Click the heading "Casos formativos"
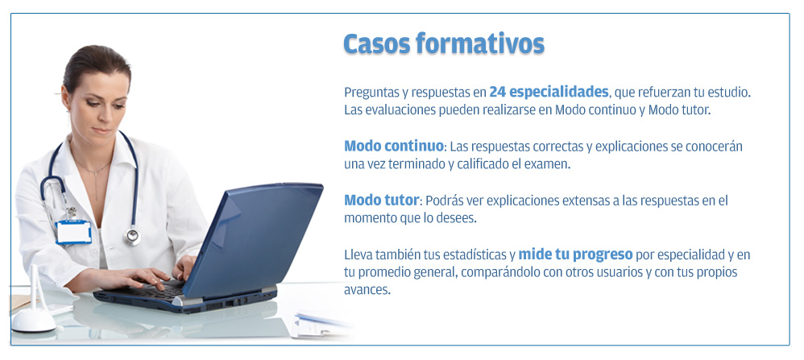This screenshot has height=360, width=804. pyautogui.click(x=444, y=43)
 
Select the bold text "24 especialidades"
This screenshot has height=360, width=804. pyautogui.click(x=549, y=93)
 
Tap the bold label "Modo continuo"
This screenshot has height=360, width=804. pyautogui.click(x=393, y=146)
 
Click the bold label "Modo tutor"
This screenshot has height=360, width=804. pyautogui.click(x=382, y=200)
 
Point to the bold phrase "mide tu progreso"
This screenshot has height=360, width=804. pyautogui.click(x=576, y=254)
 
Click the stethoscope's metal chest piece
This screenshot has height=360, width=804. pyautogui.click(x=132, y=236)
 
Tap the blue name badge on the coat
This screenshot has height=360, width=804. pyautogui.click(x=74, y=232)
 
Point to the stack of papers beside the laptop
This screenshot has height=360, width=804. pyautogui.click(x=318, y=325)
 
